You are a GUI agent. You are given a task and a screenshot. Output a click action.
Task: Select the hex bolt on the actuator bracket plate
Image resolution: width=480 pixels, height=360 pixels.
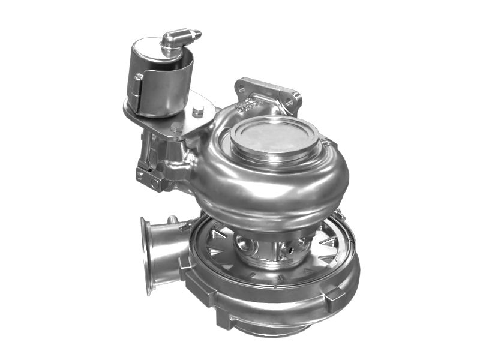(x=198, y=112)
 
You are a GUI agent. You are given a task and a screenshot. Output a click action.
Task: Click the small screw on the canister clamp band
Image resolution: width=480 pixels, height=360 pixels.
(x=139, y=77)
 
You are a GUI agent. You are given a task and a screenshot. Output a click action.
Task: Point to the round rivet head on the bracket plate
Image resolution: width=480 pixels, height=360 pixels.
(x=176, y=127)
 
